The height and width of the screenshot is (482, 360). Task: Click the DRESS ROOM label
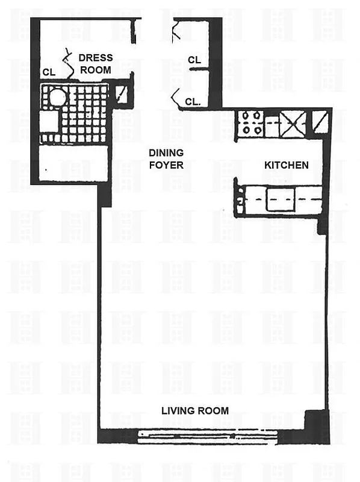point(96,64)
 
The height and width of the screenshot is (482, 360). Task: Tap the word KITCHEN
point(287,165)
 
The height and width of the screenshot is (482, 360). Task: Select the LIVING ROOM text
point(194,411)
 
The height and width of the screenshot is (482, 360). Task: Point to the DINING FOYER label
point(166,158)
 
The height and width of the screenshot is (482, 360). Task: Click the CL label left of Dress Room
point(49,72)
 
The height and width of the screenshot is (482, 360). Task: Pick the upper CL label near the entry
point(194,60)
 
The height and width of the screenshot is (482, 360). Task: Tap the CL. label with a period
point(193,102)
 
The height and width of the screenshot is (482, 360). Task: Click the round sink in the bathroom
point(57,96)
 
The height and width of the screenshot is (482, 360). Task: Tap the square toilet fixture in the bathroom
point(49,121)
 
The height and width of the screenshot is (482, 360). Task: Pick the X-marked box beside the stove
point(293,124)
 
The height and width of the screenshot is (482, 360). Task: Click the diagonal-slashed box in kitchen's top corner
point(320,122)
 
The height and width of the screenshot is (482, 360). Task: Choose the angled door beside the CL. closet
point(176,96)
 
